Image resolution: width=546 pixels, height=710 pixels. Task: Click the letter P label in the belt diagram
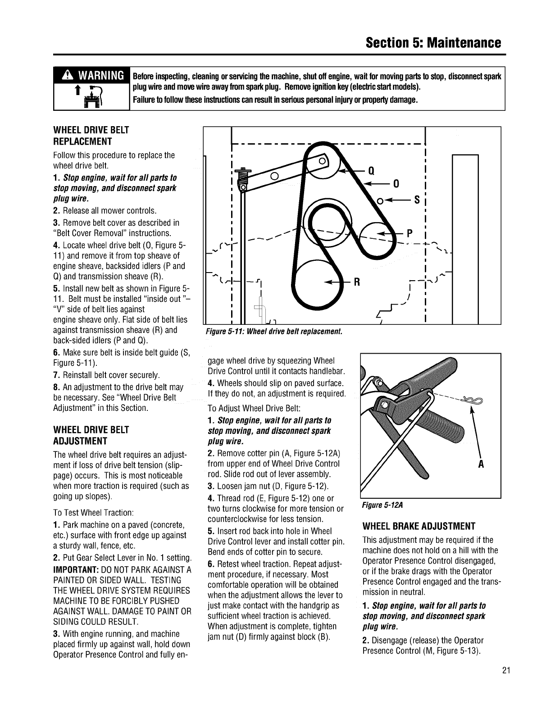point(409,233)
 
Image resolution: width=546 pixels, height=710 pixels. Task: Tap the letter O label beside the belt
point(396,184)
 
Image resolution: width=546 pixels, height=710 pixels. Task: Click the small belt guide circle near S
point(380,200)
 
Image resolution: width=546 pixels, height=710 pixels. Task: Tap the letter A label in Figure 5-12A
point(481,465)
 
